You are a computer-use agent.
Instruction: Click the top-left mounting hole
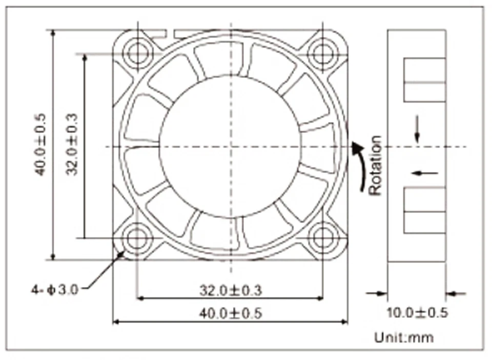coord(137,53)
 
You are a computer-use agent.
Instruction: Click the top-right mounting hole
coord(322,53)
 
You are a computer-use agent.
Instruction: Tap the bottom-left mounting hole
coord(137,238)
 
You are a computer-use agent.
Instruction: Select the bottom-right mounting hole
coord(322,238)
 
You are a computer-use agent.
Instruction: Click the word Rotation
coord(376,165)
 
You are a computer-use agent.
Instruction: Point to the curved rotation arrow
coord(360,167)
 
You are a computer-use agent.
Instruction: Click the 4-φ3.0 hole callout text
coord(54,290)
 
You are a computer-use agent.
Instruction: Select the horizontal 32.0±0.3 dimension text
coord(230,291)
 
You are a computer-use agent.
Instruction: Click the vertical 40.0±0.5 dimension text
coord(40,144)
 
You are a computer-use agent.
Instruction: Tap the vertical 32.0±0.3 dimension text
coord(72,144)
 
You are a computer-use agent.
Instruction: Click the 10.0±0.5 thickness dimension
coord(417,313)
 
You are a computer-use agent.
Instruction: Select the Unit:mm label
coord(404,337)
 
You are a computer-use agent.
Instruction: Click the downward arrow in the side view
coord(417,129)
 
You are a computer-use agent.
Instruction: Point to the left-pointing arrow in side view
coord(425,173)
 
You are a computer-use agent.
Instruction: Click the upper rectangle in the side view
coord(424,79)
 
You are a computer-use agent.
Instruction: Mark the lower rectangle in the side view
coord(424,210)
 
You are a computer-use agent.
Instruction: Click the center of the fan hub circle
coord(230,147)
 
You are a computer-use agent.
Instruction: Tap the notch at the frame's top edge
coord(171,34)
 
